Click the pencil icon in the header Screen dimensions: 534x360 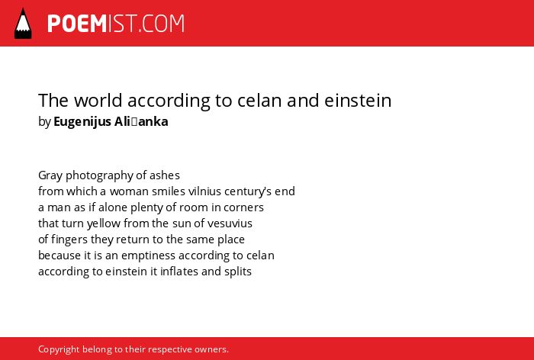pos(23,23)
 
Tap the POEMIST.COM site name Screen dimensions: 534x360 pos(116,24)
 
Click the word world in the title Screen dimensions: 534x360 pos(98,100)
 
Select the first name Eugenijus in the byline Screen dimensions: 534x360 pos(82,121)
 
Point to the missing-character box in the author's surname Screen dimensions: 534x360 pos(133,122)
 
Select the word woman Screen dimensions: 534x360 pos(129,191)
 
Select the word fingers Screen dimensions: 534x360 pos(69,239)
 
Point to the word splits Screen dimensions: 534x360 pos(238,272)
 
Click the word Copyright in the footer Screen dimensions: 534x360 pos(59,349)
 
